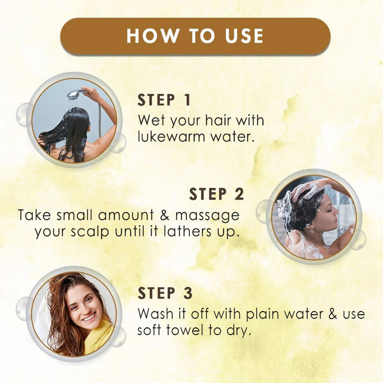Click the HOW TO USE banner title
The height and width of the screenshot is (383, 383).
[x=195, y=36]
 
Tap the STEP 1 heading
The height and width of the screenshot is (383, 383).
[x=164, y=101]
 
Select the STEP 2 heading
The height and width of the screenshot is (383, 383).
[x=217, y=194]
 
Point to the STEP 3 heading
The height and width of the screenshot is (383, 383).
[x=165, y=294]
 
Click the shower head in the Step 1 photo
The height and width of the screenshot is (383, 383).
[x=76, y=92]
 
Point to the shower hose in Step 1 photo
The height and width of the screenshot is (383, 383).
[x=99, y=120]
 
